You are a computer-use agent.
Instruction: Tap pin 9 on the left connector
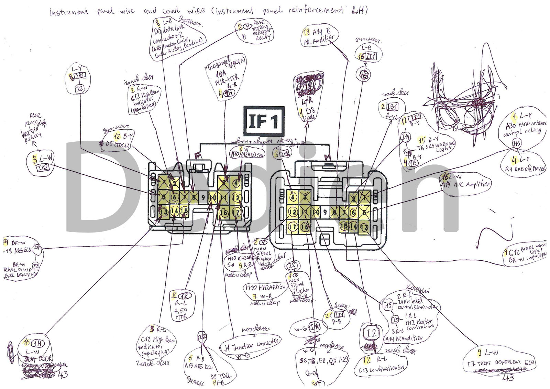[x=203, y=198]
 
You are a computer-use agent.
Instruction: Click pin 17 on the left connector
[x=236, y=213]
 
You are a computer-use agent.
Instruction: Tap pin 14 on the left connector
[x=175, y=211]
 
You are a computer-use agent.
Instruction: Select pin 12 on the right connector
[x=293, y=212]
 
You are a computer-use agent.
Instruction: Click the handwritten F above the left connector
[x=197, y=156]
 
